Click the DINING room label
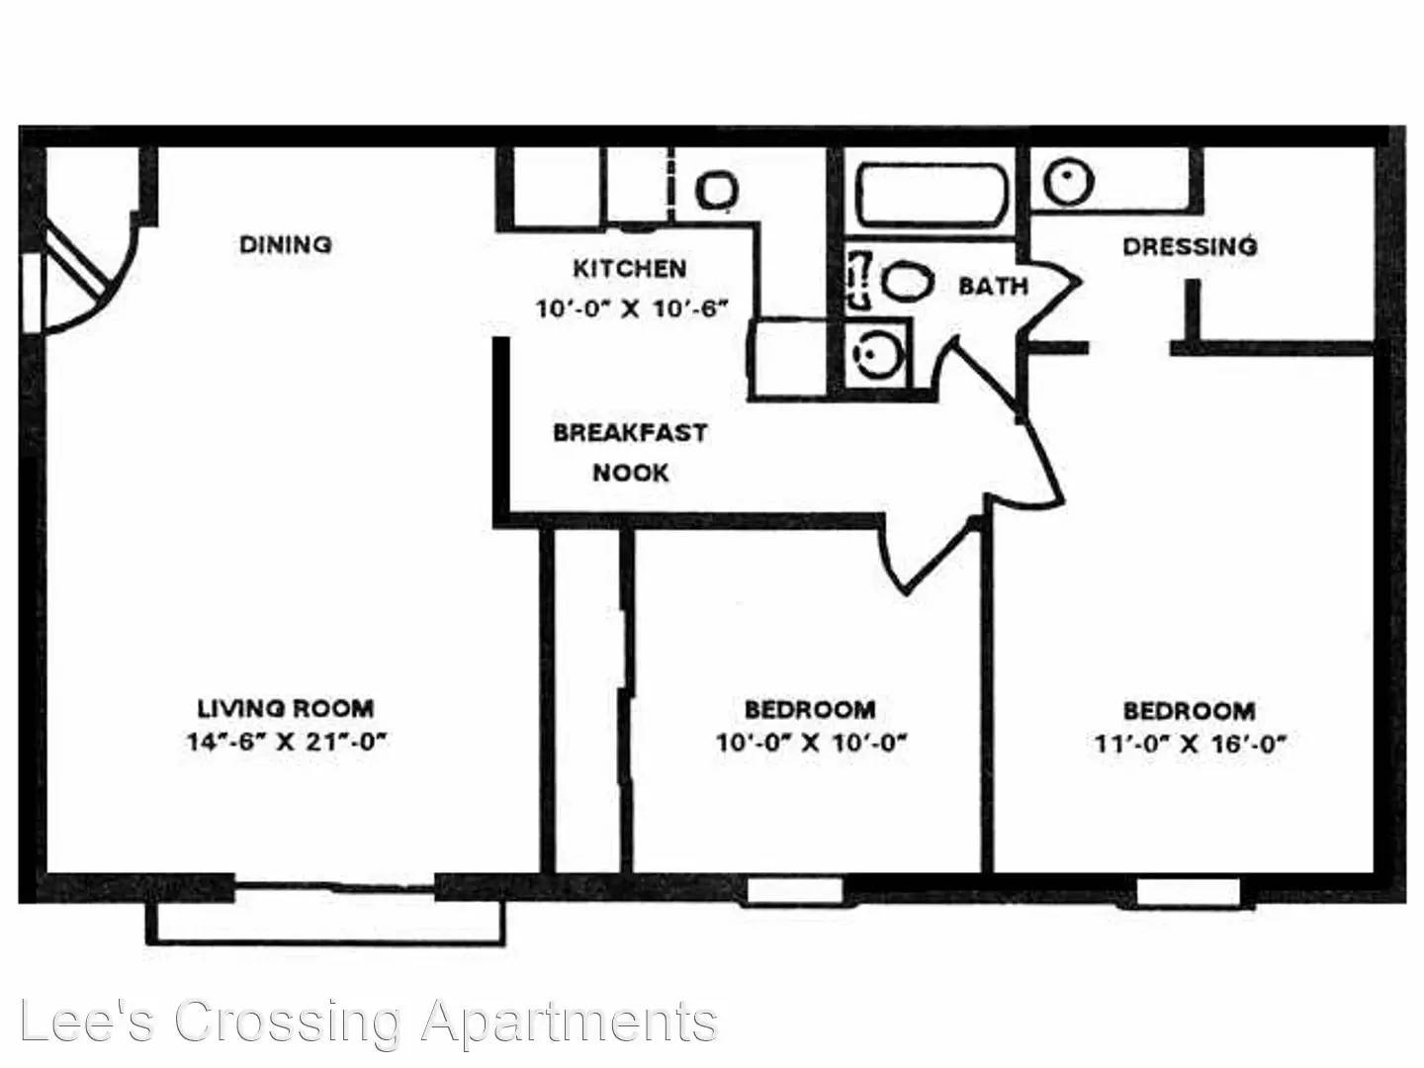coord(286,244)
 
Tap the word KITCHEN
coord(629,268)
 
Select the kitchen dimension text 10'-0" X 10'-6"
coord(632,309)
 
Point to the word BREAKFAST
coord(630,432)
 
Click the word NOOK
coord(631,473)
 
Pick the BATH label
coord(993,286)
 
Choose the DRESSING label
coord(1190,246)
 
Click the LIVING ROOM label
coord(286,708)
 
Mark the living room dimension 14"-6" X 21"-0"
coord(287,741)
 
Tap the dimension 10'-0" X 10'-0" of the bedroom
coord(811,742)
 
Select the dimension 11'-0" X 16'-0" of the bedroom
coord(1190,743)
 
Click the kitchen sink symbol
coord(717,190)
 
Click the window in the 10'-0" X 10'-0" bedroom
coord(795,890)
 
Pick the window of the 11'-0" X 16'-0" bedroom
coord(1189,891)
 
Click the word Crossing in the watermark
coord(288,1023)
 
